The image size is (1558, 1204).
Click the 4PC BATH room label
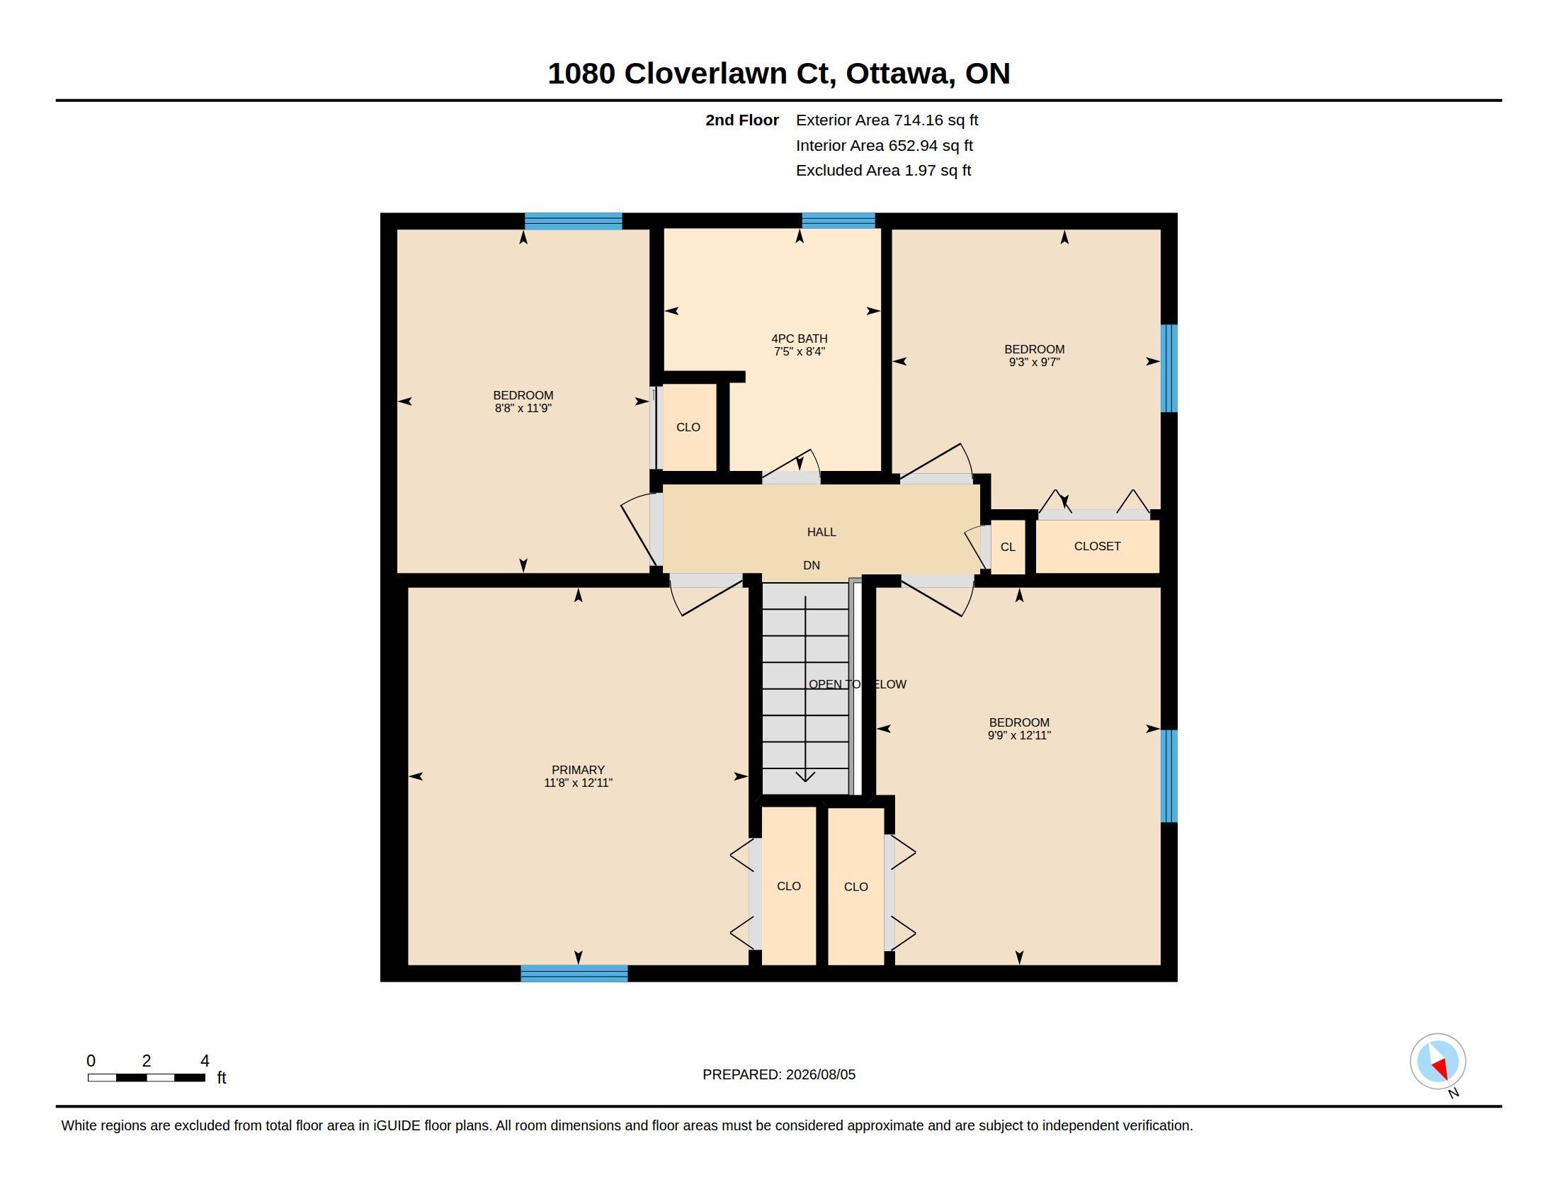tap(799, 339)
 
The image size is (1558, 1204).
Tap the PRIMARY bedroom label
tap(578, 770)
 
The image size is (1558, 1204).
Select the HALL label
tap(821, 532)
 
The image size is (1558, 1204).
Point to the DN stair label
tap(811, 566)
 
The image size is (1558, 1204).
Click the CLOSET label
tap(1097, 546)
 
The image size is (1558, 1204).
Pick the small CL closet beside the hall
tap(1008, 547)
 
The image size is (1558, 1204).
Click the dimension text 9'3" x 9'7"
tap(1035, 363)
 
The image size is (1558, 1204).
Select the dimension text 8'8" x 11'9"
tap(523, 408)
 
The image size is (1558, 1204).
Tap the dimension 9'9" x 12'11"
tap(1018, 735)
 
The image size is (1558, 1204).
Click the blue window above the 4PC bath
tap(838, 220)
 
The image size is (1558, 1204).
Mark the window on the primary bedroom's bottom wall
tap(574, 973)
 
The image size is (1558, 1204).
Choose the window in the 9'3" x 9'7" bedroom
tap(1168, 368)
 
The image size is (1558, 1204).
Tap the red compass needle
tap(1441, 1068)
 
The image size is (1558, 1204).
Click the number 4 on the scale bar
tap(205, 1061)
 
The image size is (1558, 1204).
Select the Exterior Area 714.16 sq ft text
tap(887, 120)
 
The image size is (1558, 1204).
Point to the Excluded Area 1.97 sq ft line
tap(883, 171)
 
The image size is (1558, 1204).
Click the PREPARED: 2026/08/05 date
tap(779, 1074)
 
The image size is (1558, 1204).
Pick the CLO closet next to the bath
tap(688, 427)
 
